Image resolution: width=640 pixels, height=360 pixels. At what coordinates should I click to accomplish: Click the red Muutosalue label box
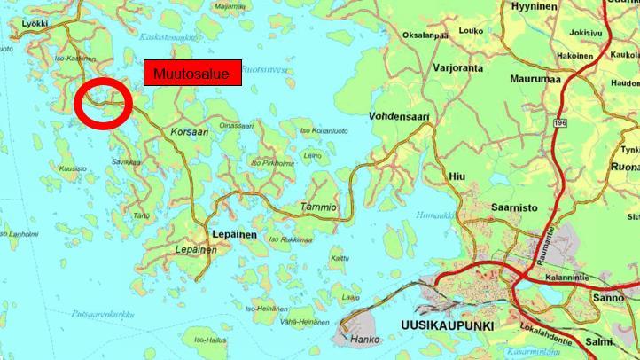(x=192, y=74)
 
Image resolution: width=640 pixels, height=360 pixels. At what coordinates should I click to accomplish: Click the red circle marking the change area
(x=104, y=103)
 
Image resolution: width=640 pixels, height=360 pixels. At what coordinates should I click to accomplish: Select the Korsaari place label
(x=185, y=129)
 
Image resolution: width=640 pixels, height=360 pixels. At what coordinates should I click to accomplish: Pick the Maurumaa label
(x=535, y=79)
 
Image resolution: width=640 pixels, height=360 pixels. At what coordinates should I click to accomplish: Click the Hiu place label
(x=457, y=176)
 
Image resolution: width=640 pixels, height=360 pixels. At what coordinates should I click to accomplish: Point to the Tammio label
(x=318, y=207)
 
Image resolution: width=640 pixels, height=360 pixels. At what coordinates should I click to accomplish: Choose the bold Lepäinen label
(x=235, y=234)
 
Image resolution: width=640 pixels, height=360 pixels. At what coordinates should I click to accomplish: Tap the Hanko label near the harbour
(x=364, y=339)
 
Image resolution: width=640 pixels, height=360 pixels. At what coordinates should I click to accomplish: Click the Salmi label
(x=599, y=341)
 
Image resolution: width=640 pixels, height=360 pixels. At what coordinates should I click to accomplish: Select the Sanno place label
(x=609, y=298)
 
